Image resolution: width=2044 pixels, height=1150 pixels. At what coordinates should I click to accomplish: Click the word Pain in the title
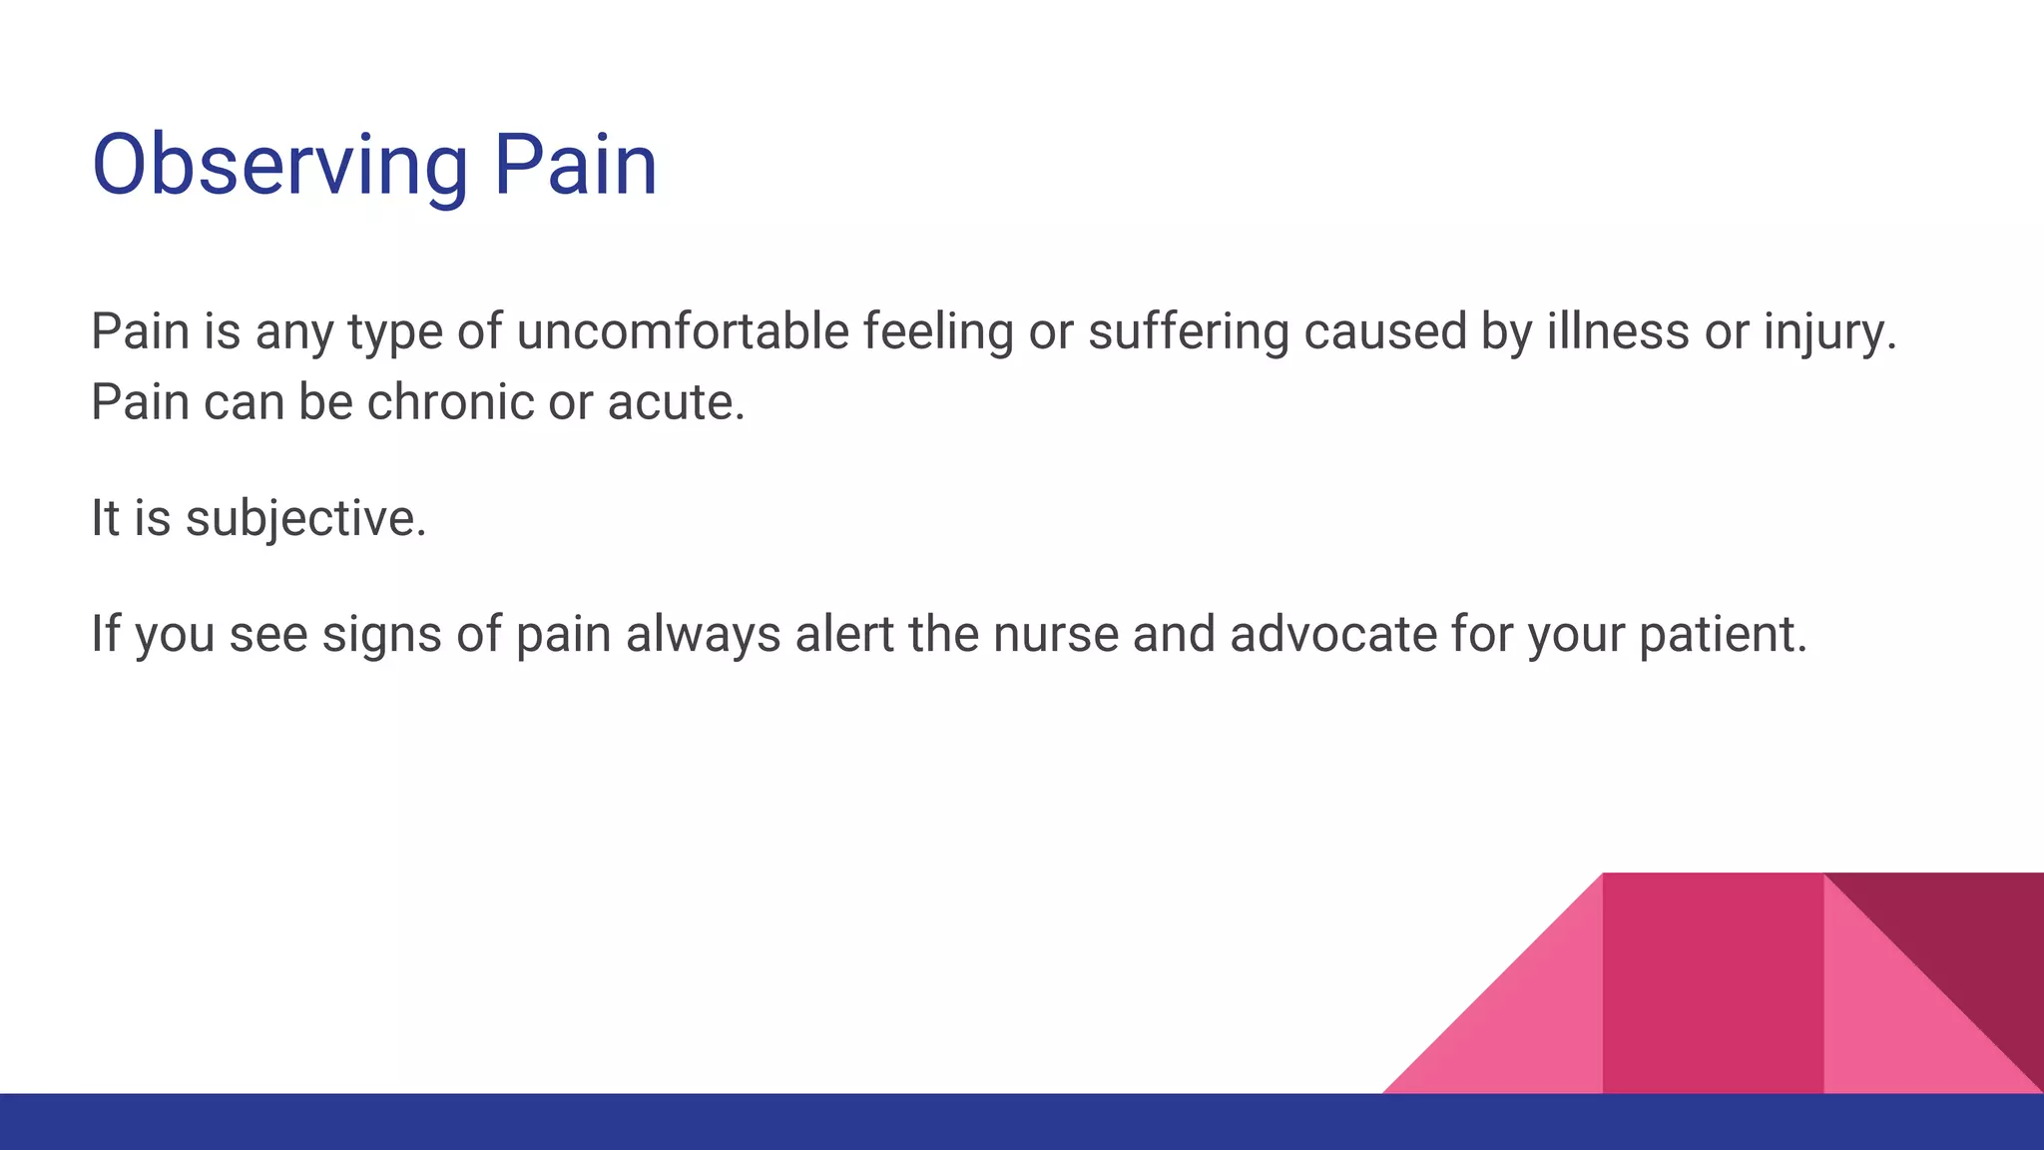click(x=576, y=166)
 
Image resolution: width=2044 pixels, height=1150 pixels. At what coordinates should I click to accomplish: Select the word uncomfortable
click(x=683, y=331)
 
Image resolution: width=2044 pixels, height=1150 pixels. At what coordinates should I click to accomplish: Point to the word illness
click(x=1617, y=331)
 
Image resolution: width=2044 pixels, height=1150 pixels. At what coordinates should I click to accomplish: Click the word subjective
click(x=305, y=519)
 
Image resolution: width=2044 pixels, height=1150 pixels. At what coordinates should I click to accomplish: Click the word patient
click(x=1723, y=635)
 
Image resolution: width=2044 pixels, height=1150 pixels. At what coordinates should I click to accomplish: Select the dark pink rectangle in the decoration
click(x=1712, y=983)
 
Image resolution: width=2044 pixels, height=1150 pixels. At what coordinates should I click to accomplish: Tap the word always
click(x=703, y=635)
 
